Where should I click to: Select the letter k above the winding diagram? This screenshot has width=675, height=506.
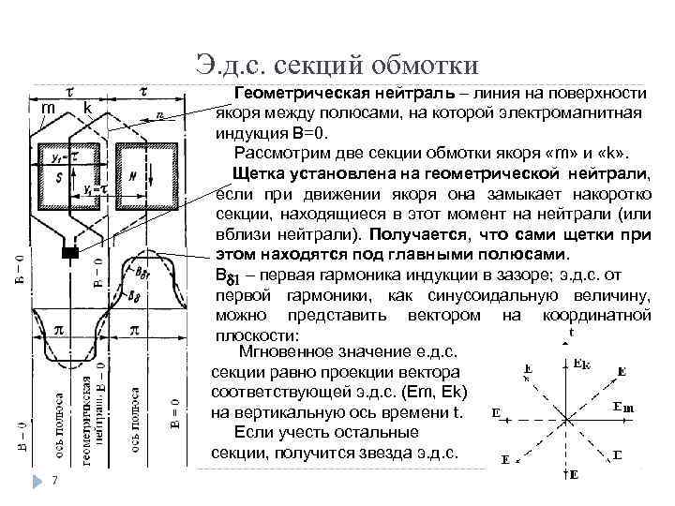click(x=86, y=109)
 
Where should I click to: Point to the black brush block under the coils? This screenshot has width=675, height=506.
click(x=69, y=253)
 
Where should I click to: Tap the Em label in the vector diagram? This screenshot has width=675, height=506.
click(x=622, y=406)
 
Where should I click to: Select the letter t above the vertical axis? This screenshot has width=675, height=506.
click(x=571, y=334)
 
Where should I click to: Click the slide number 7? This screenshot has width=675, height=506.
click(x=55, y=482)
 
